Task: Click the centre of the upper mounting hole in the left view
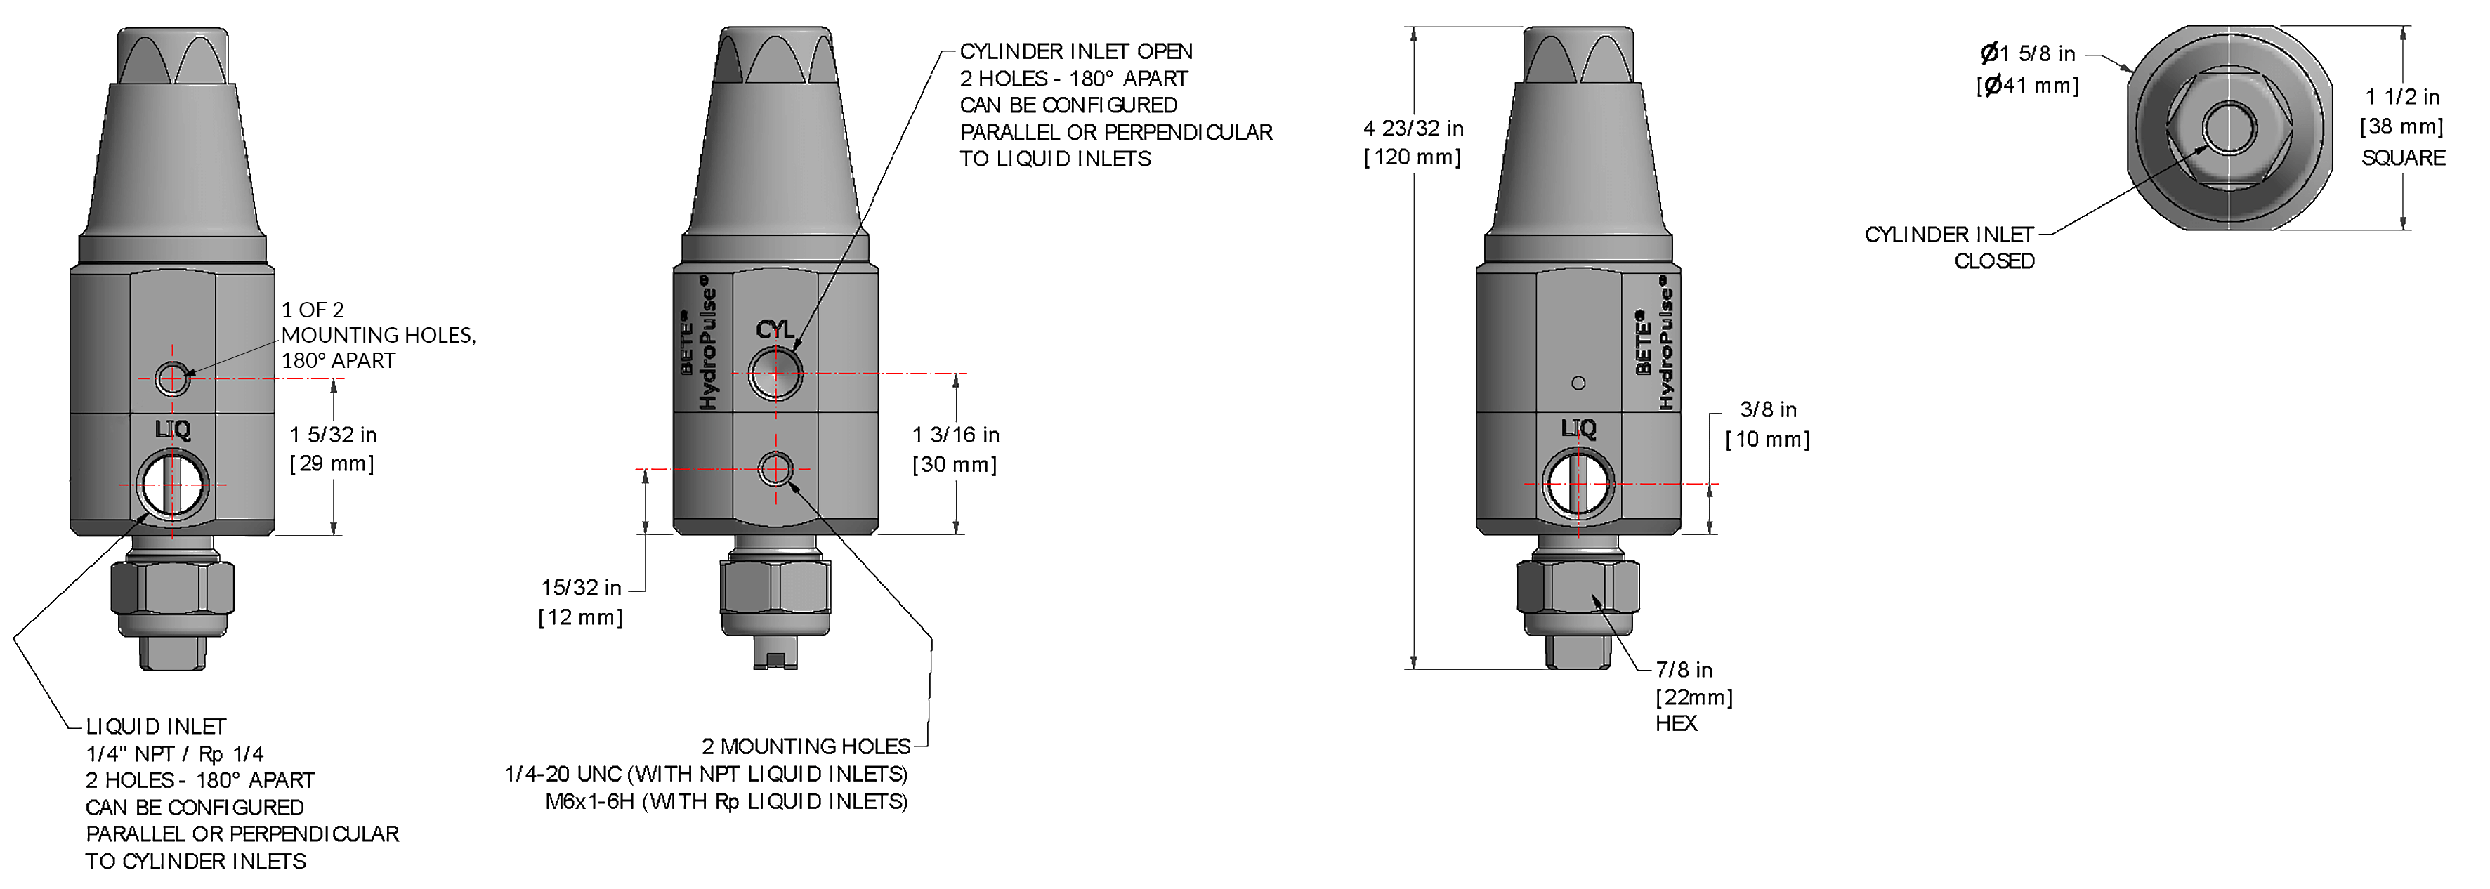(172, 378)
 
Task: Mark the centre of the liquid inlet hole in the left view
(172, 484)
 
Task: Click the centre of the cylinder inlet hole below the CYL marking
(775, 373)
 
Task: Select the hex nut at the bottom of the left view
(172, 588)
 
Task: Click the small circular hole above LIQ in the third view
(1578, 383)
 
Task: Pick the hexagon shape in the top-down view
(2229, 128)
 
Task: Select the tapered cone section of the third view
(1578, 159)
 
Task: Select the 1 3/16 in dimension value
(956, 435)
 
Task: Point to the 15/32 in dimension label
(581, 588)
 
